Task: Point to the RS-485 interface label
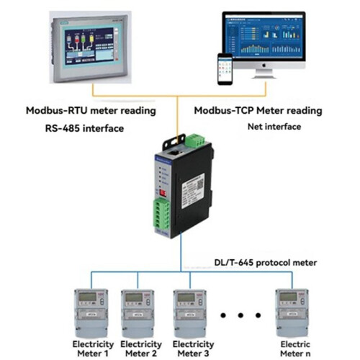[81, 129]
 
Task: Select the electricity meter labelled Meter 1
[91, 310]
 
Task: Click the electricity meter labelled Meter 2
[137, 310]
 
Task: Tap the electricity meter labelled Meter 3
[188, 310]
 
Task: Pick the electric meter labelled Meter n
[292, 310]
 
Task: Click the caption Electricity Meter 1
[91, 348]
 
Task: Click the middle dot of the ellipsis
[241, 315]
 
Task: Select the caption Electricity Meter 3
[194, 348]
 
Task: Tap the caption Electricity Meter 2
[142, 348]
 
